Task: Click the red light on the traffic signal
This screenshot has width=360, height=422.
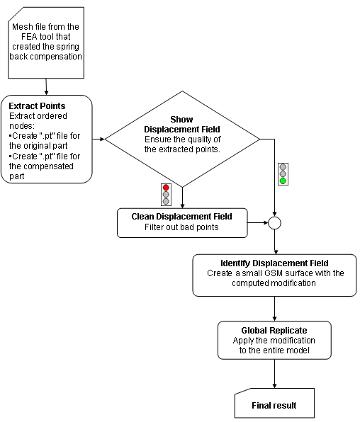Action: tap(166, 188)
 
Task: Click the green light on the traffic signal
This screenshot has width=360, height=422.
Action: tap(283, 181)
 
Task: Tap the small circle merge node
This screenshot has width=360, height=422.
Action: tap(274, 223)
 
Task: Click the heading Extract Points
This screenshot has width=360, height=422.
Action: tap(37, 105)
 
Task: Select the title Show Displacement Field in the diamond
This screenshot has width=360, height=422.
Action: tap(182, 125)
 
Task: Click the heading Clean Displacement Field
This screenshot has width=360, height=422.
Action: tap(182, 217)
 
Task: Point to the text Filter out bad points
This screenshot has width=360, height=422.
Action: tap(181, 227)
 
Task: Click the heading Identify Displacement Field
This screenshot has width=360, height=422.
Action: tap(274, 263)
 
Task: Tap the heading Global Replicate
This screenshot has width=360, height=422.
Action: tap(274, 330)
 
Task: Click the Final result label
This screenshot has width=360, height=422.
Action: tap(274, 405)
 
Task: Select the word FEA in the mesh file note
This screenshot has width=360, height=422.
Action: tap(29, 37)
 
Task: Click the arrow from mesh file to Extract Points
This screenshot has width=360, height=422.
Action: tap(46, 86)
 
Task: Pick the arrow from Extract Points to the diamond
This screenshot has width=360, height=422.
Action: tap(99, 139)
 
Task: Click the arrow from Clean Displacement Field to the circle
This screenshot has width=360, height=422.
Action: tap(258, 223)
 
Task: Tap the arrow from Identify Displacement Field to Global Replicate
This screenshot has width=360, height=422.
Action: tap(274, 309)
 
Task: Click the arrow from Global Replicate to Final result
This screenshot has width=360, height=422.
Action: tap(274, 374)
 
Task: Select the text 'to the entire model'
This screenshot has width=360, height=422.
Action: tap(274, 350)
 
